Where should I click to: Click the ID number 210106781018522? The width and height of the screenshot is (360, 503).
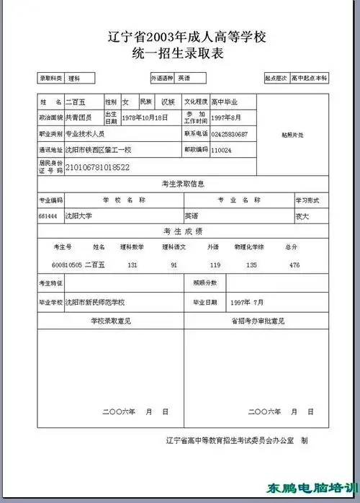click(97, 167)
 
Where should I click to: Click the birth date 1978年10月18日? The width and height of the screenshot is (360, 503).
click(145, 117)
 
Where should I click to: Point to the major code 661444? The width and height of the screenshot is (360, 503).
click(48, 215)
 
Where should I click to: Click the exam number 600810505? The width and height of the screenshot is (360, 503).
click(67, 264)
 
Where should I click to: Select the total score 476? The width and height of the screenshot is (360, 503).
click(294, 265)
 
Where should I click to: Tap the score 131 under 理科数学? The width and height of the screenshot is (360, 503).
click(132, 265)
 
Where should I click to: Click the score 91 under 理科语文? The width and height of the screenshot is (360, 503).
click(174, 265)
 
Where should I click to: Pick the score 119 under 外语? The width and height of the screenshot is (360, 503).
click(215, 265)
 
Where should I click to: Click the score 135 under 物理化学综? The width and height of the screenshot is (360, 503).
click(251, 265)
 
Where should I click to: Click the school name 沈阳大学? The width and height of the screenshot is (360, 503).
click(78, 215)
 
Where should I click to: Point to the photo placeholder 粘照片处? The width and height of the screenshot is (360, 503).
click(292, 135)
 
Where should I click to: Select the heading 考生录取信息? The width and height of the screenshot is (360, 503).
click(184, 184)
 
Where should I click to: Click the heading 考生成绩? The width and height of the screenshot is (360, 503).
click(184, 231)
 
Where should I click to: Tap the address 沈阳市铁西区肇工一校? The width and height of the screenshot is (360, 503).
click(98, 150)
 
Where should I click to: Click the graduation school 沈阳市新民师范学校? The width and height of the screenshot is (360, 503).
click(95, 302)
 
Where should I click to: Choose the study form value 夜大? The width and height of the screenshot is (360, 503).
click(302, 215)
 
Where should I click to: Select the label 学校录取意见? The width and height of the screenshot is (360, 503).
click(110, 319)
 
